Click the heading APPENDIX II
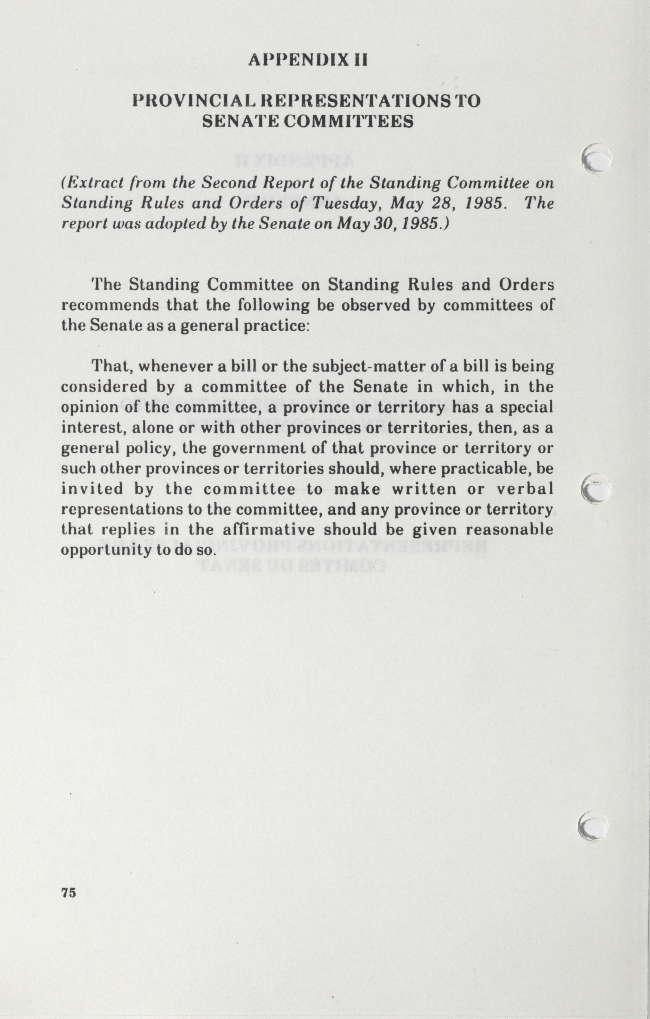tap(308, 60)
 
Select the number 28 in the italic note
tap(441, 203)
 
